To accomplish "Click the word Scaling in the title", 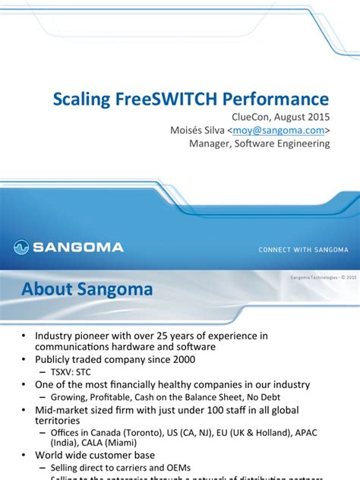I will (78, 99).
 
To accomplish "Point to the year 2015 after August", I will (317, 117).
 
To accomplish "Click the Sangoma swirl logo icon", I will (22, 246).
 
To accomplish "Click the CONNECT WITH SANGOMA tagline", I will (303, 249).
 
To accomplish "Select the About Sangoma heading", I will (87, 289).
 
